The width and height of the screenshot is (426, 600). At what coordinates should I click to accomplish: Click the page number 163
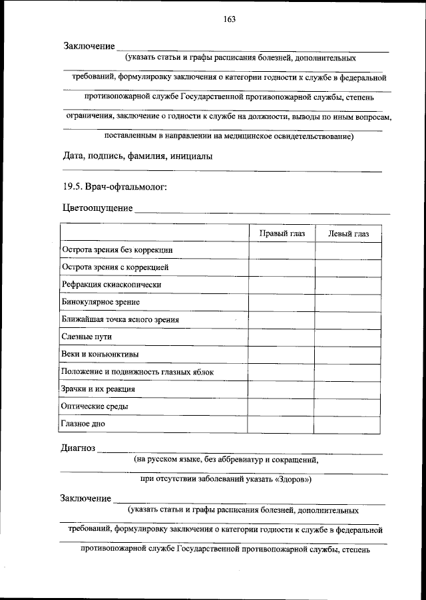[230, 19]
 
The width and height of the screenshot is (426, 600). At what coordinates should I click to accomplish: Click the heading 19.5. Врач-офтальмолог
[110, 187]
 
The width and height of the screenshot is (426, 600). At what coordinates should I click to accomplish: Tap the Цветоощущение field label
[97, 208]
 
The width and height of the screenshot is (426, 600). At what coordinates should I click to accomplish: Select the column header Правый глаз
[282, 233]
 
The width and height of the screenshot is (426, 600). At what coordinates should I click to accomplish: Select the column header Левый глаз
[348, 233]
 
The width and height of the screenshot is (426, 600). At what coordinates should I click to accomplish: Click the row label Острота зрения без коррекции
[118, 250]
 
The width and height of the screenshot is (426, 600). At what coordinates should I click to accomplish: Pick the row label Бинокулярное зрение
[101, 302]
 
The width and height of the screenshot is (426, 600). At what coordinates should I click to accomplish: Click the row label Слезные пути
[87, 337]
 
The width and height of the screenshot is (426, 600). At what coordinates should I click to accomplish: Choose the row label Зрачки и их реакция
[99, 389]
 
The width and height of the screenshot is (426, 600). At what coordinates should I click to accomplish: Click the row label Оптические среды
[95, 406]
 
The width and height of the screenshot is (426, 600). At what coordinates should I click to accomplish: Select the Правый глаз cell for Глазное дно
[282, 424]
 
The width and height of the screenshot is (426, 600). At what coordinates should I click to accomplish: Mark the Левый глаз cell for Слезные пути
[348, 337]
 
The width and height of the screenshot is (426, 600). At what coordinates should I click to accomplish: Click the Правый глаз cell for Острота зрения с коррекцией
[282, 267]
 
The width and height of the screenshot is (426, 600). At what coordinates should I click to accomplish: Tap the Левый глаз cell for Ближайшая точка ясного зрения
[348, 320]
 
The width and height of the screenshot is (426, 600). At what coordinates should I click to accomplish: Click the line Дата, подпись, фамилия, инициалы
[138, 157]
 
